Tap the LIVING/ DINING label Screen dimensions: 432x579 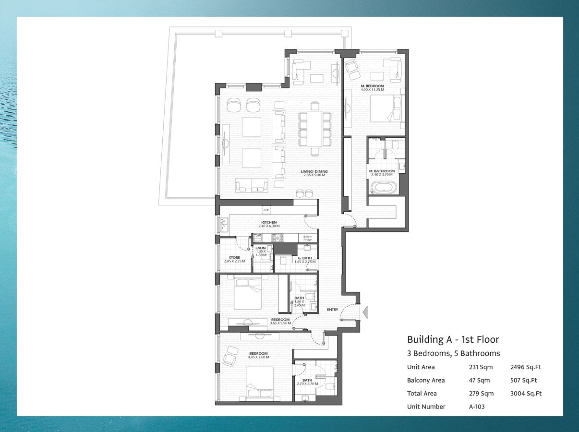pyautogui.click(x=314, y=171)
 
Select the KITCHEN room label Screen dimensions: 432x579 pyautogui.click(x=269, y=223)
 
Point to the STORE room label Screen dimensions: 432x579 pyautogui.click(x=234, y=258)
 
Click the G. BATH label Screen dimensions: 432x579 pyautogui.click(x=305, y=258)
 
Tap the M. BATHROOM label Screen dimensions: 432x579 pyautogui.click(x=382, y=171)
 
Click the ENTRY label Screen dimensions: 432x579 pyautogui.click(x=332, y=310)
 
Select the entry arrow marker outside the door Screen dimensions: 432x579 pyautogui.click(x=365, y=312)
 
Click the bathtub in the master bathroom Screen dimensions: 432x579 pyautogui.click(x=383, y=187)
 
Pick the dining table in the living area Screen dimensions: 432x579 pyautogui.click(x=315, y=129)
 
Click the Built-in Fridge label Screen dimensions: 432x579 pyautogui.click(x=307, y=238)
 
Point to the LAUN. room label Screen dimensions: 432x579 pyautogui.click(x=261, y=248)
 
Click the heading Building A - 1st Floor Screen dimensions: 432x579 pyautogui.click(x=453, y=340)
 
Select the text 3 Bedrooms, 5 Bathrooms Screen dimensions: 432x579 pyautogui.click(x=453, y=354)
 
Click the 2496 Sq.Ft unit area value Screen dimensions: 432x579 pyautogui.click(x=526, y=367)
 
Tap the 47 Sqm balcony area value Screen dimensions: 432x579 pyautogui.click(x=479, y=380)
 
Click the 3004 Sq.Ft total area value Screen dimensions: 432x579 pyautogui.click(x=526, y=394)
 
